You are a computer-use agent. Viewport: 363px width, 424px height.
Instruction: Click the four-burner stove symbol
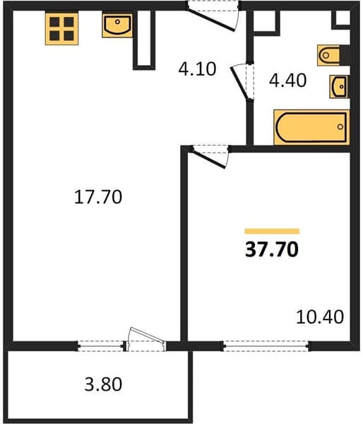point(61,28)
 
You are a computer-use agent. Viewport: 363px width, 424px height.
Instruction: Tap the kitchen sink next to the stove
point(117,25)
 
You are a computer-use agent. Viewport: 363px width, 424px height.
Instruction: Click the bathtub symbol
point(311,127)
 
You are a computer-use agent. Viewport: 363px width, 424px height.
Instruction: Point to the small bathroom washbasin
point(339,86)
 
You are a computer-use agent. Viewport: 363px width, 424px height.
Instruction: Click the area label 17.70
point(98,197)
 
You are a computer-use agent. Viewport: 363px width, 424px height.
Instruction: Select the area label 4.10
point(197,69)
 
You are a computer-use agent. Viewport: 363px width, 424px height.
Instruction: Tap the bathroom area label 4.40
point(287,81)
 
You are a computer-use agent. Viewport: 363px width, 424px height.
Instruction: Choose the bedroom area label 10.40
point(320,317)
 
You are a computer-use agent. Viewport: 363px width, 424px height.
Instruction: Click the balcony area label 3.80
point(103,384)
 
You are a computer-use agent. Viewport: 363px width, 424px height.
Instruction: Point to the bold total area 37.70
point(272,249)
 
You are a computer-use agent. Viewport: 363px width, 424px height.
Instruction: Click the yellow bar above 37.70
point(272,231)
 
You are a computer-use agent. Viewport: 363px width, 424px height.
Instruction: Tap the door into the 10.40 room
point(210,156)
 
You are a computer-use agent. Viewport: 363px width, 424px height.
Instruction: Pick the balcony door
point(146,340)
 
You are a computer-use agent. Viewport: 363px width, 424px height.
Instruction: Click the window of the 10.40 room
point(266,346)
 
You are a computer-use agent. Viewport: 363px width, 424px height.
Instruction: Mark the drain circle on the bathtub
point(340,126)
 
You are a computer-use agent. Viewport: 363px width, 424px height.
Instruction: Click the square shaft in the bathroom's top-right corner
point(341,19)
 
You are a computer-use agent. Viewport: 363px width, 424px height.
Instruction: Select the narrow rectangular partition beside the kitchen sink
point(144,40)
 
